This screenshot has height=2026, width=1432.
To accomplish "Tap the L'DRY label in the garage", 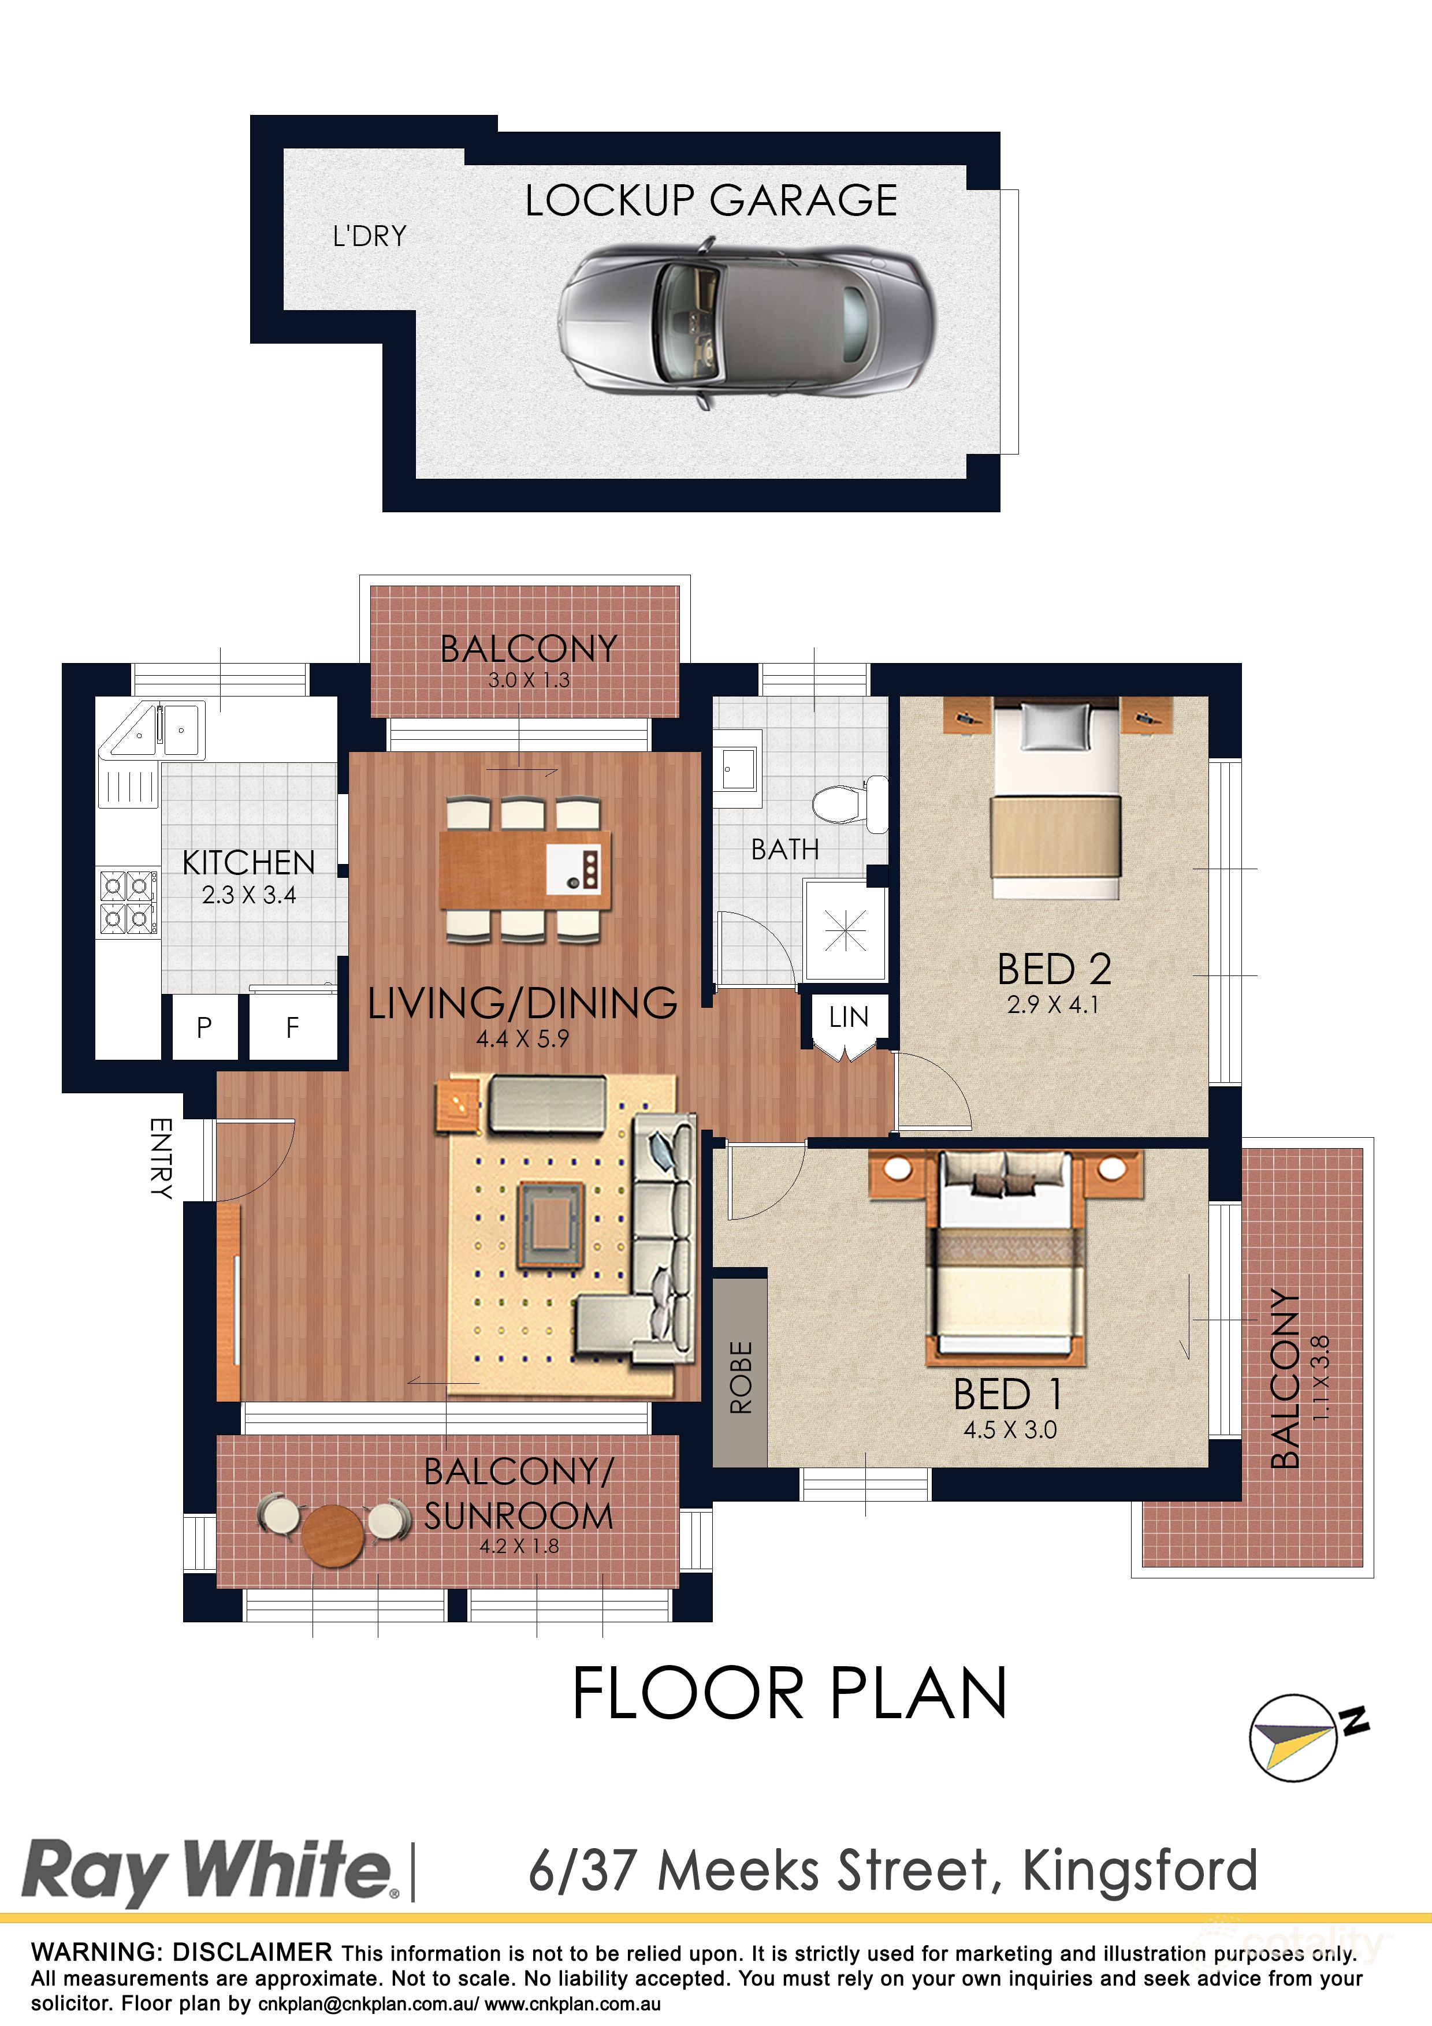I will (x=370, y=236).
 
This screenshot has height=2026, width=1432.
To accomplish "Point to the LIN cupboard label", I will (x=848, y=1018).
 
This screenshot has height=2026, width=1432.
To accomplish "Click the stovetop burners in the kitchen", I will (x=128, y=901).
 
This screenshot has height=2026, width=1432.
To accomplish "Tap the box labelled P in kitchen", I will (x=204, y=1027).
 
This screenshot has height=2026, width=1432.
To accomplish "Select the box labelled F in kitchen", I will (x=293, y=1027).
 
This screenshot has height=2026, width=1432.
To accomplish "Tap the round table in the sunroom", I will (x=333, y=1536).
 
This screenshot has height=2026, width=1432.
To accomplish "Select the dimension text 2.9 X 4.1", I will (x=1052, y=1005).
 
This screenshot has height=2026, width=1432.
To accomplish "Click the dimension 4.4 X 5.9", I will (x=522, y=1040).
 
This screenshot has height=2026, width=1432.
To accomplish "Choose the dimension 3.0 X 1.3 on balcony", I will (x=529, y=680).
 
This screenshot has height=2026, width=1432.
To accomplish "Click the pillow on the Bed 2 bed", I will (x=1055, y=729).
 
